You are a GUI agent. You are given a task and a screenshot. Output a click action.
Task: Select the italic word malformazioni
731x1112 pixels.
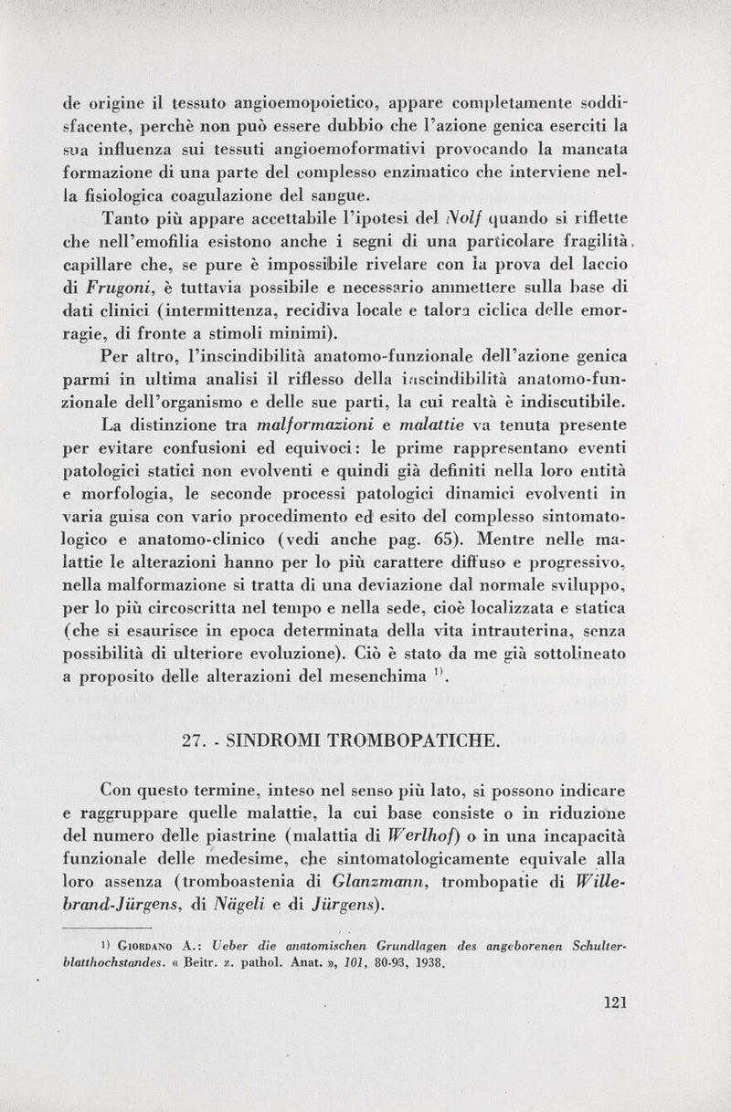(312, 425)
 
